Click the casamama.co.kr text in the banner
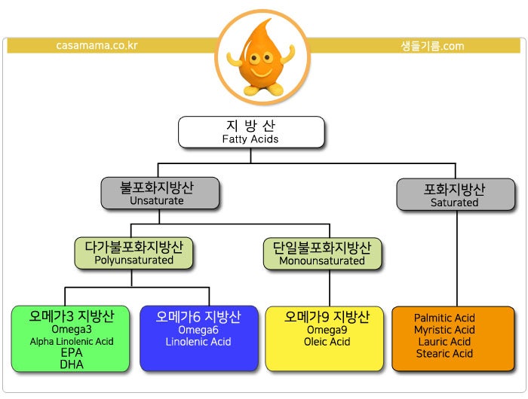[x=97, y=45]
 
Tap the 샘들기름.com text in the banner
[x=432, y=46]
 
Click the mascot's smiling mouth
[x=261, y=72]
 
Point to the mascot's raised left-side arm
[x=234, y=58]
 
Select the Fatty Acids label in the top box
[x=250, y=139]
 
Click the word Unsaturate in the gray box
[x=157, y=201]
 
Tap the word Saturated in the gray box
[x=454, y=203]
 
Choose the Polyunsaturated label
[x=134, y=260]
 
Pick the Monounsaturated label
[x=322, y=260]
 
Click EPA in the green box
[x=72, y=352]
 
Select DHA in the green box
[x=72, y=364]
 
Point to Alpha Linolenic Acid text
[x=72, y=342]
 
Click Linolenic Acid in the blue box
[x=198, y=342]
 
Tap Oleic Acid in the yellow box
[x=327, y=342]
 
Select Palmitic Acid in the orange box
[x=444, y=318]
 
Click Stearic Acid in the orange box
[x=444, y=353]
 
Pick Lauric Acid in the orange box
[x=444, y=342]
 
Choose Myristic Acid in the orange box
[x=444, y=330]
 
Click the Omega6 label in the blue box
[x=198, y=330]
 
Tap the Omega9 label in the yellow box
[x=327, y=330]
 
